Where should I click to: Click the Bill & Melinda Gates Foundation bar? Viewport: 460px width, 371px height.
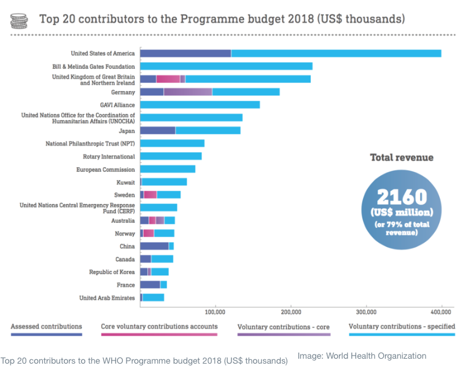pos(226,66)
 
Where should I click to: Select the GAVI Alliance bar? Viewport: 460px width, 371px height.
pos(200,104)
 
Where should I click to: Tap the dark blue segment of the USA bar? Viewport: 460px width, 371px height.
pos(185,53)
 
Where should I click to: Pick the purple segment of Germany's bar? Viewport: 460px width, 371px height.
pos(188,92)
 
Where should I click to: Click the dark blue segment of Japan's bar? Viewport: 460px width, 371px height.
pos(158,130)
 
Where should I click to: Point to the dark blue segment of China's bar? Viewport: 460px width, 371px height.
pos(154,246)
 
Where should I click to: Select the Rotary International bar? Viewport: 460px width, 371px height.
pos(171,156)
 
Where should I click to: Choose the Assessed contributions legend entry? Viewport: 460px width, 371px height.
pos(46,327)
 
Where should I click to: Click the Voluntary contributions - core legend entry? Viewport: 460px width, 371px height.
pos(284,327)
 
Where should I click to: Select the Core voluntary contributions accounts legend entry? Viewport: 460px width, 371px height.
pos(158,327)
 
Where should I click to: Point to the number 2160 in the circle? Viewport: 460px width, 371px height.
pos(402,197)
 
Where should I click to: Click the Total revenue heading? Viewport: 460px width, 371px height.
pos(401,158)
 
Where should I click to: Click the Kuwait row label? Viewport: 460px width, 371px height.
pos(125,182)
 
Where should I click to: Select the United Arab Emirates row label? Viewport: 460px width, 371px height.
pos(107,298)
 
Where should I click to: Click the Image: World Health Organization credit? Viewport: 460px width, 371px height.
pos(362,356)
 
